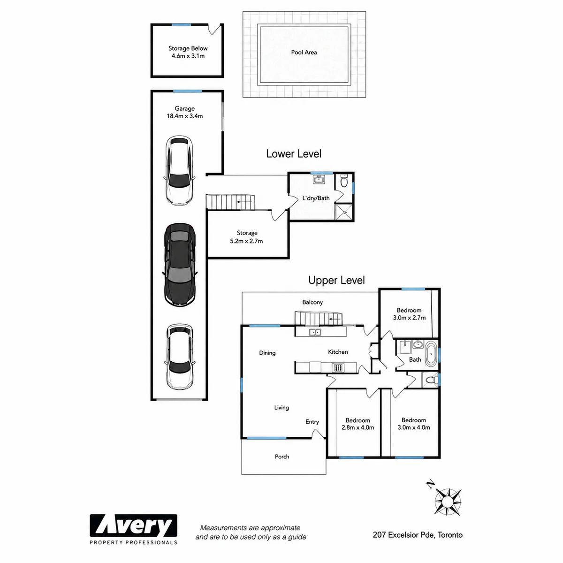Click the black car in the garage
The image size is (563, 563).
click(180, 265)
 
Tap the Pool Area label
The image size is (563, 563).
click(304, 52)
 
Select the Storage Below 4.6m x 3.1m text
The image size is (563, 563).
click(188, 52)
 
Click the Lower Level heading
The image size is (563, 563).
click(294, 154)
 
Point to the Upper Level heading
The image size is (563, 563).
click(336, 280)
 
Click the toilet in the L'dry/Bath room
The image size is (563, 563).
click(344, 182)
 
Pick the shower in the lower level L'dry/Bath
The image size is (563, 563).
click(344, 212)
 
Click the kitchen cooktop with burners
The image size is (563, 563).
click(338, 367)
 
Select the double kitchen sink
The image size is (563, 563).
click(315, 332)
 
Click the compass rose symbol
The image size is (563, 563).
click(447, 502)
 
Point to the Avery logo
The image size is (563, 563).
click(133, 530)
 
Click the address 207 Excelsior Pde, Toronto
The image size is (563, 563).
click(418, 535)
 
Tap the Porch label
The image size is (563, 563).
click(282, 456)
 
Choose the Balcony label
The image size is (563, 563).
click(312, 302)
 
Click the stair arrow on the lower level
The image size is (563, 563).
click(244, 202)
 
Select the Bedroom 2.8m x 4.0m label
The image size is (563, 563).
click(358, 424)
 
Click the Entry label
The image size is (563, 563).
click(312, 422)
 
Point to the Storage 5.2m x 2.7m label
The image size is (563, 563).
click(247, 237)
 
